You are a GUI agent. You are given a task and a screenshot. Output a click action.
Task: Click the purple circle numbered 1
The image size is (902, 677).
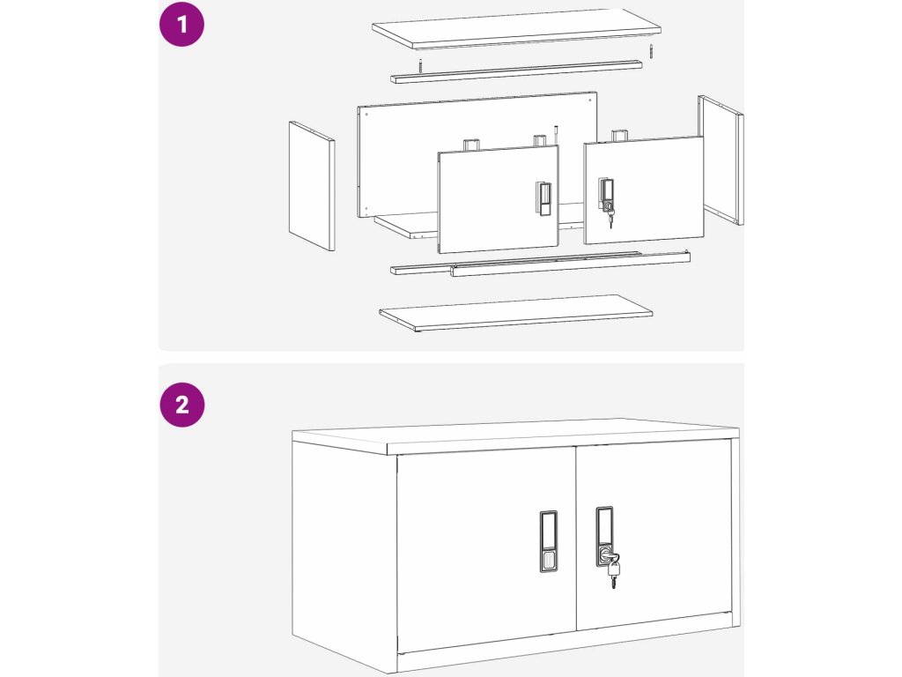pos(181,24)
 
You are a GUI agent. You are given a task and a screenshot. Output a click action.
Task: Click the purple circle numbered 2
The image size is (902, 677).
pos(181,404)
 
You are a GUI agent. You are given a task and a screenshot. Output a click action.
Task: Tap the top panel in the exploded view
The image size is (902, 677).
pos(516,29)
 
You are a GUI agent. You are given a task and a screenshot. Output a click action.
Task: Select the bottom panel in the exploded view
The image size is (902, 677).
pos(515,314)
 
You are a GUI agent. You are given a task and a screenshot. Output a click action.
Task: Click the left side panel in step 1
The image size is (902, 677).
pos(312,186)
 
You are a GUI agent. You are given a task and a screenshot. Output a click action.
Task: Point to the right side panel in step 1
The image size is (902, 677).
pos(721,160)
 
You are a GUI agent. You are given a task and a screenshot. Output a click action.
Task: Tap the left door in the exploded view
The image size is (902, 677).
pos(498,199)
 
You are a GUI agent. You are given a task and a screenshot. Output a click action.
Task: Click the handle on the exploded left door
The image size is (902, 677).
pos(543,198)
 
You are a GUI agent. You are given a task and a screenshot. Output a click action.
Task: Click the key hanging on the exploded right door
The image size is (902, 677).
pos(610,218)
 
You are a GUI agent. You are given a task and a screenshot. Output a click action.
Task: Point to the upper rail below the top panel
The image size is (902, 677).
pos(516,72)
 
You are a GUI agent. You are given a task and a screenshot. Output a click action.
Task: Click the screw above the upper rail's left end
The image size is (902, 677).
pos(420,65)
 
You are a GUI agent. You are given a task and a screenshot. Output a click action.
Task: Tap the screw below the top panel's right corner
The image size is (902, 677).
pos(651,50)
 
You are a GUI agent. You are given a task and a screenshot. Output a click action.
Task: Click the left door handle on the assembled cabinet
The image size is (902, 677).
pos(549,541)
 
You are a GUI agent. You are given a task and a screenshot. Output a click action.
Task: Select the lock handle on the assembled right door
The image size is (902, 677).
pos(604,535)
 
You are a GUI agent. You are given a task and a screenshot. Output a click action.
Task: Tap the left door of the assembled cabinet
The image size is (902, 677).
pos(486,552)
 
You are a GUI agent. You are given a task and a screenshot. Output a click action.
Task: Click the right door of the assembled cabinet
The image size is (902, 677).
pos(654,535)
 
